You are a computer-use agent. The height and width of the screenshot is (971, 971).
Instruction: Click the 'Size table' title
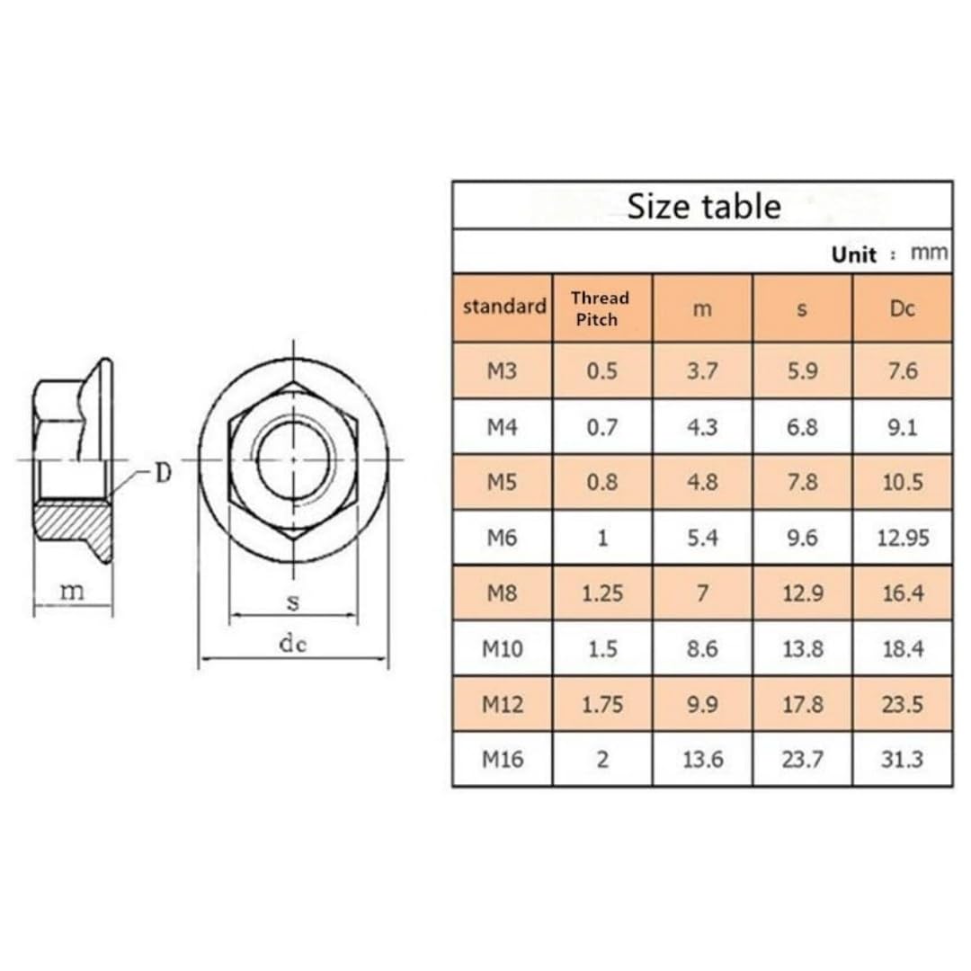click(703, 206)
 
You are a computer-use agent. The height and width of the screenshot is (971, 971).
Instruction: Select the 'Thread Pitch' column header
click(600, 308)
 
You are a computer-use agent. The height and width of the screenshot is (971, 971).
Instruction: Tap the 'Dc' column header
click(902, 308)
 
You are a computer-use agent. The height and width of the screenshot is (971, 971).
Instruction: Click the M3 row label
click(502, 371)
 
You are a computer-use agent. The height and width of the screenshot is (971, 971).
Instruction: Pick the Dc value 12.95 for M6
click(903, 538)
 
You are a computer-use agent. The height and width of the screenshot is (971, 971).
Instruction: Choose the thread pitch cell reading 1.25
click(601, 593)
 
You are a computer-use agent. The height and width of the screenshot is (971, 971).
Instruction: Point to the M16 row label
click(503, 759)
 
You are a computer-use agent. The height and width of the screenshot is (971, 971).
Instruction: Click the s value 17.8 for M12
click(803, 704)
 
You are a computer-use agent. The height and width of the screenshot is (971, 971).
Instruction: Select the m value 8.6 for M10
click(702, 649)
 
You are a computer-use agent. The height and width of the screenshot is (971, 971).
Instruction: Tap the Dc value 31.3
click(903, 759)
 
